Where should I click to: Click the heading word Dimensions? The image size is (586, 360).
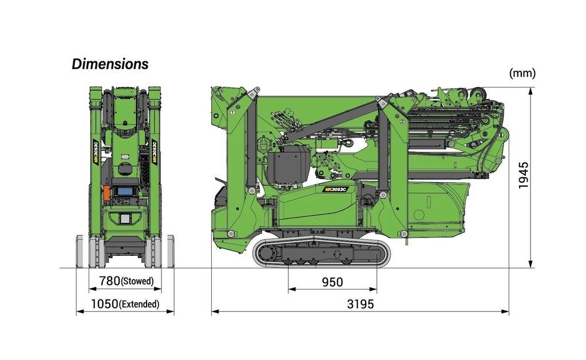click(x=110, y=64)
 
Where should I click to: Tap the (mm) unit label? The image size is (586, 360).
click(x=522, y=73)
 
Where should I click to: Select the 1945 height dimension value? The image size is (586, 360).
click(x=523, y=175)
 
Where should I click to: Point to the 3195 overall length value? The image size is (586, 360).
click(x=361, y=304)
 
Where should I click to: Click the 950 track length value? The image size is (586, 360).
click(x=332, y=282)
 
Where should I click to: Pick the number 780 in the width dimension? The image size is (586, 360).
click(x=110, y=281)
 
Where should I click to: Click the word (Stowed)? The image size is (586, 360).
click(x=137, y=281)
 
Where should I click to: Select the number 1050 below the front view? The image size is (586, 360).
click(x=105, y=304)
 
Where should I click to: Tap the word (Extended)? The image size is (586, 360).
click(x=139, y=304)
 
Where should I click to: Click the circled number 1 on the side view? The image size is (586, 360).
click(x=232, y=112)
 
